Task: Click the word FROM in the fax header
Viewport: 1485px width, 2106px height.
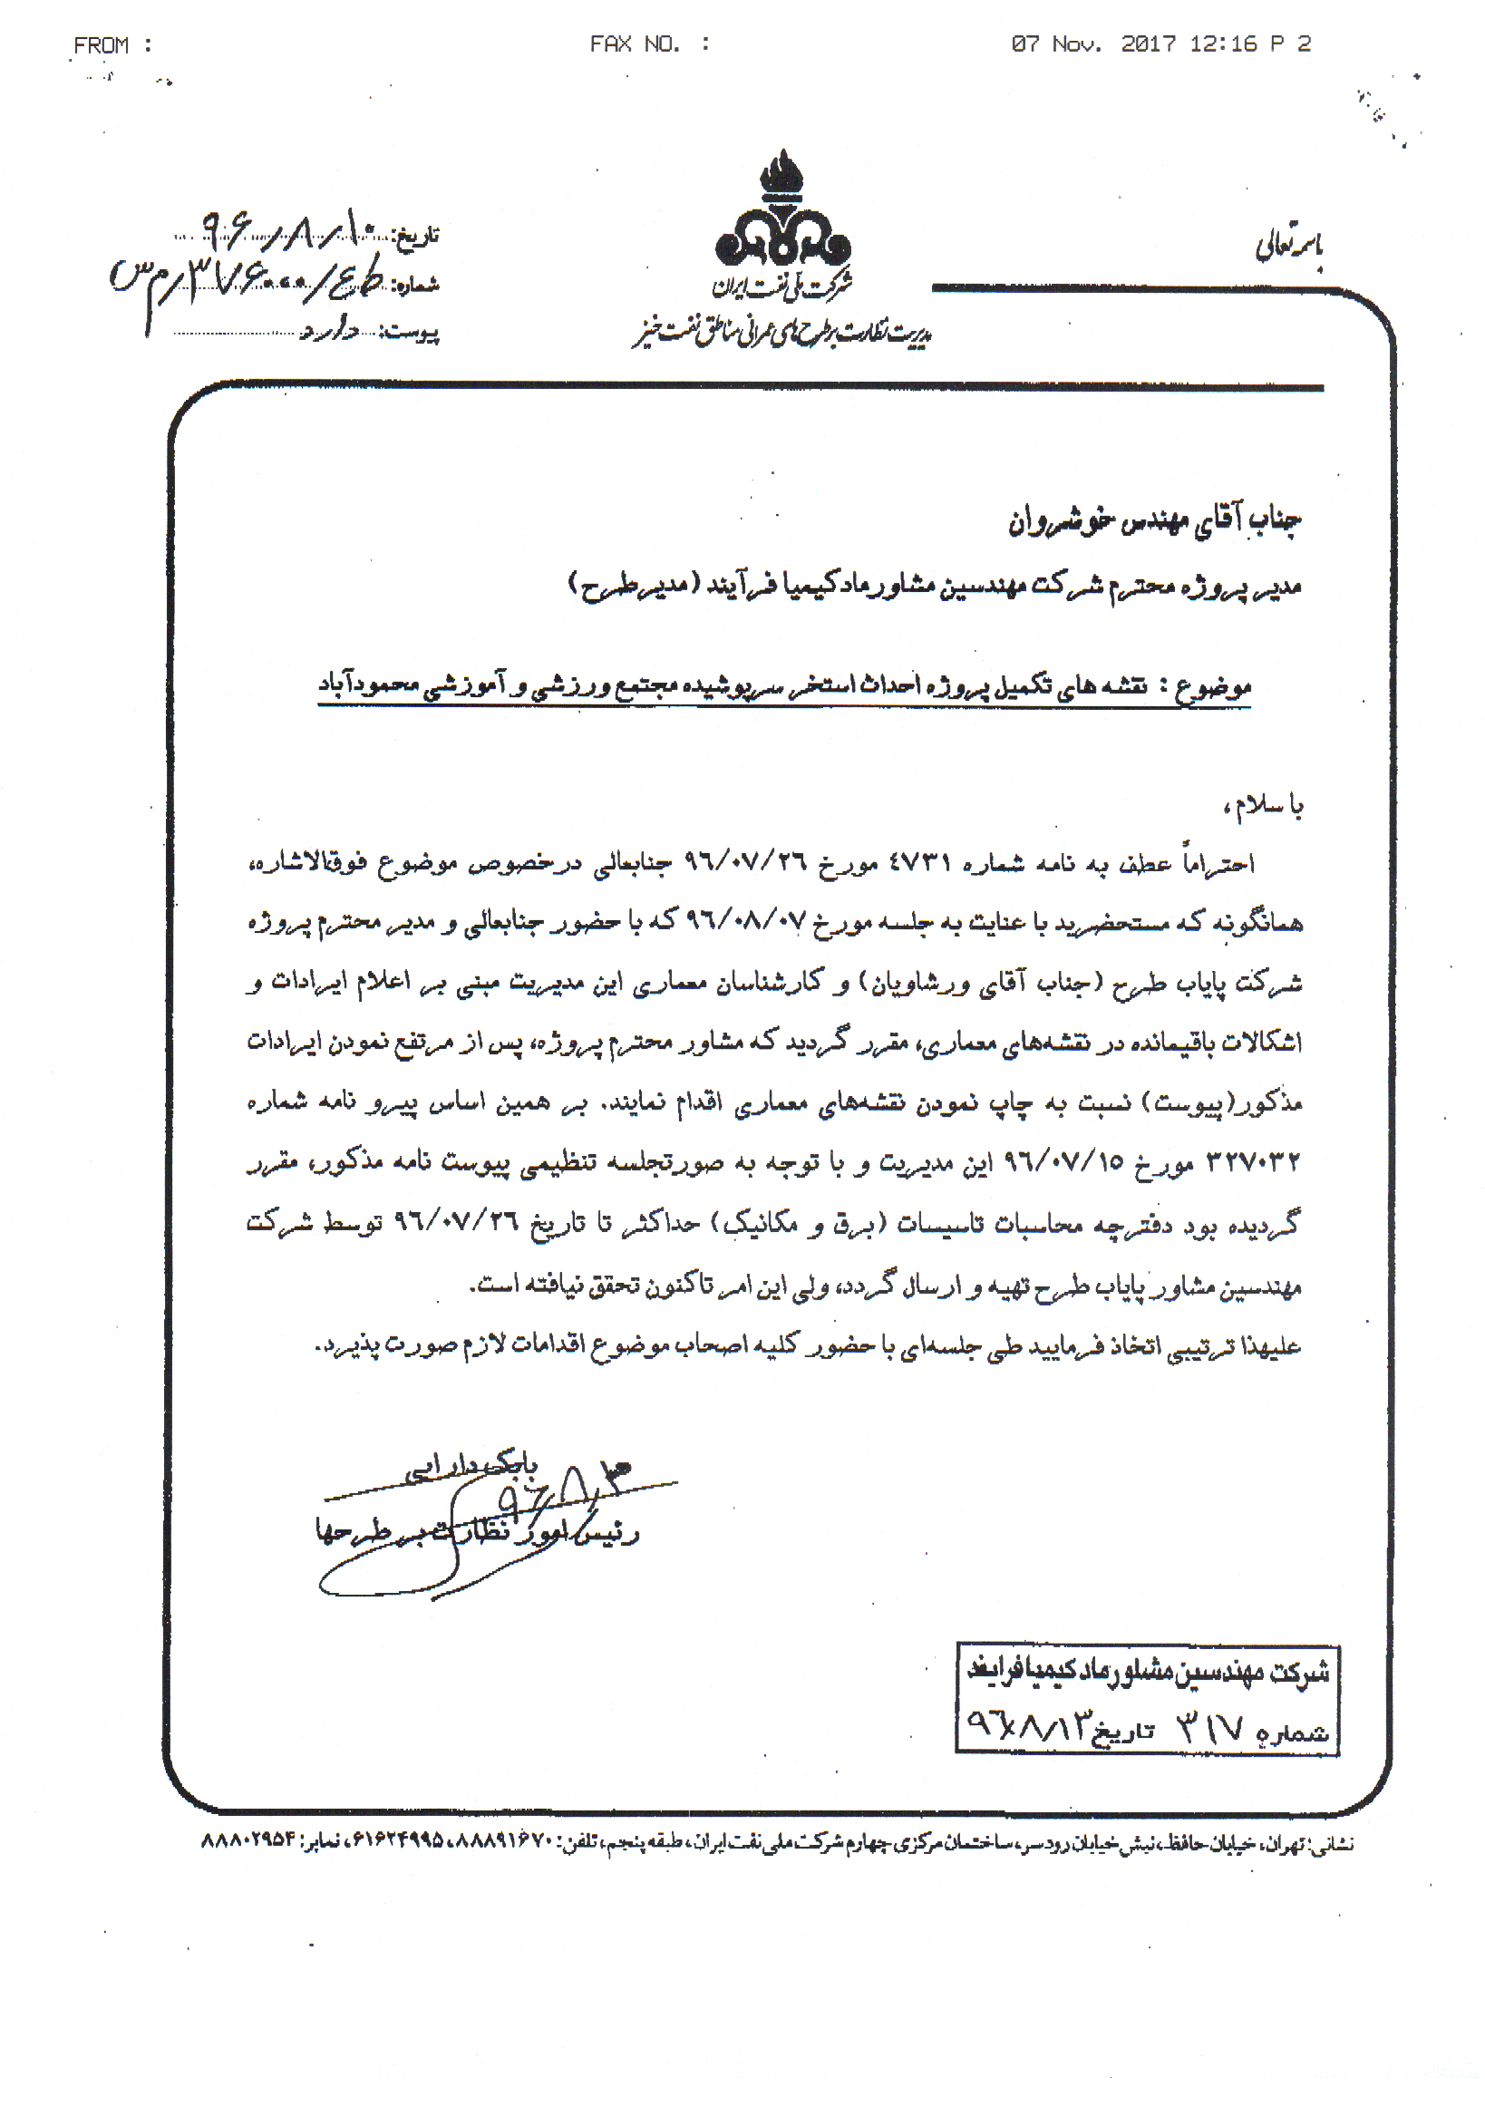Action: (101, 45)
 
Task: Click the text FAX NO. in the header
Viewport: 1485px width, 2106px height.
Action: (635, 44)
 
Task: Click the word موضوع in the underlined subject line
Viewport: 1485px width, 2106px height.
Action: (1215, 686)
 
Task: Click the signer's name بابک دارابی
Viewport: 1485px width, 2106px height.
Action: (471, 1466)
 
